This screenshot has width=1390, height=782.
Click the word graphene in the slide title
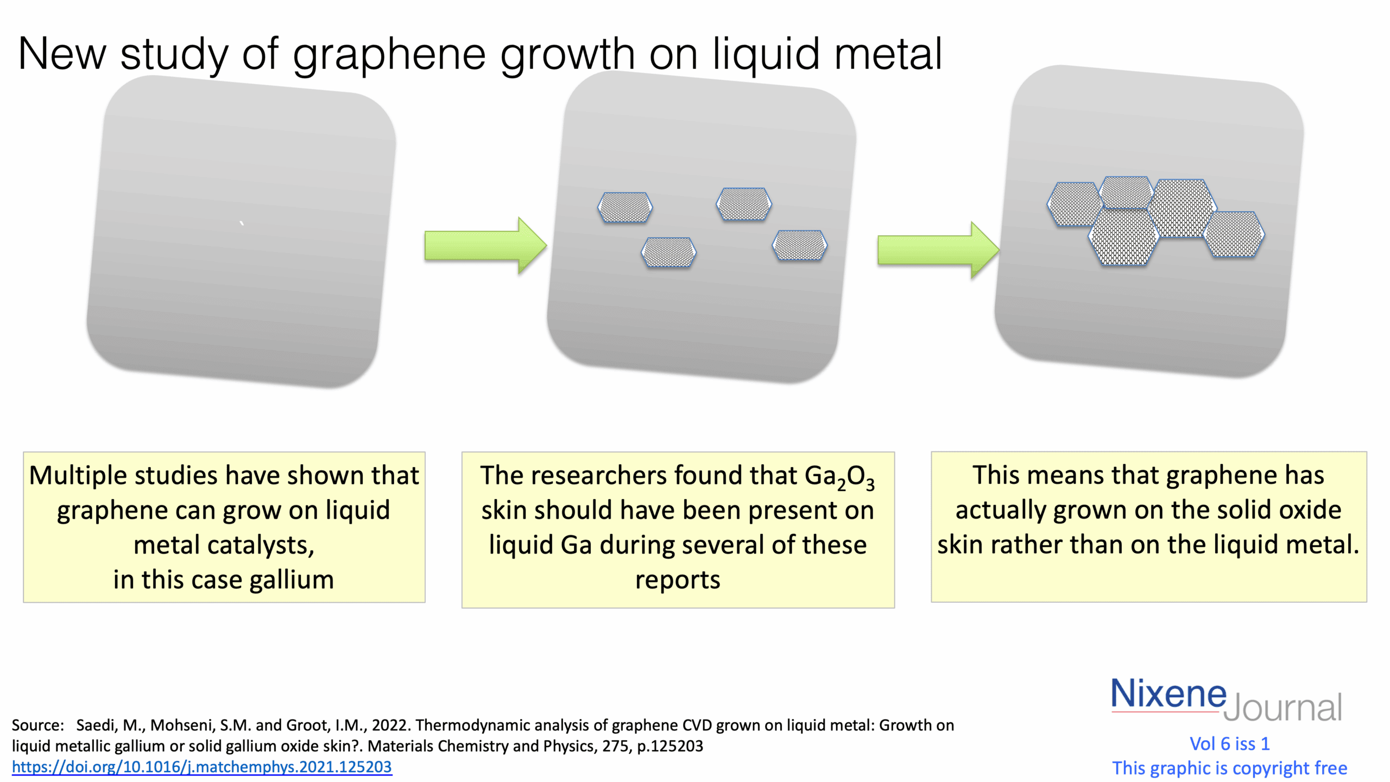[389, 55]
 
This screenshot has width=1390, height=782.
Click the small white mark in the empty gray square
[242, 223]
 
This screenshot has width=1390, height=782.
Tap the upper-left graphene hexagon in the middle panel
[625, 207]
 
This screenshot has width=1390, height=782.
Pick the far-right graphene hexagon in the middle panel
[799, 245]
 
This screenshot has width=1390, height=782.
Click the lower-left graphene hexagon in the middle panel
[668, 252]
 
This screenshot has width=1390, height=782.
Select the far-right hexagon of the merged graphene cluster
[1234, 234]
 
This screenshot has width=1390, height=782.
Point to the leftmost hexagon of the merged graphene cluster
[1074, 204]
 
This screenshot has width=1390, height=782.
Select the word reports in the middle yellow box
[678, 580]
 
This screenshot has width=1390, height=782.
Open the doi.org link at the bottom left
[202, 767]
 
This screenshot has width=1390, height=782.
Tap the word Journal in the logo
[1282, 707]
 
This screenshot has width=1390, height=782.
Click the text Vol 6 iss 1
[1229, 744]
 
